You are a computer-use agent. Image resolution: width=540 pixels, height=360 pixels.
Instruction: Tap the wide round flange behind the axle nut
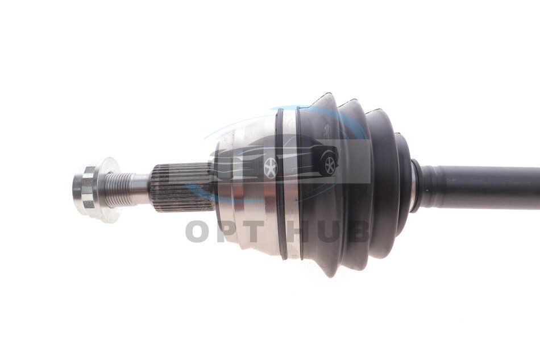coord(107,190)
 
